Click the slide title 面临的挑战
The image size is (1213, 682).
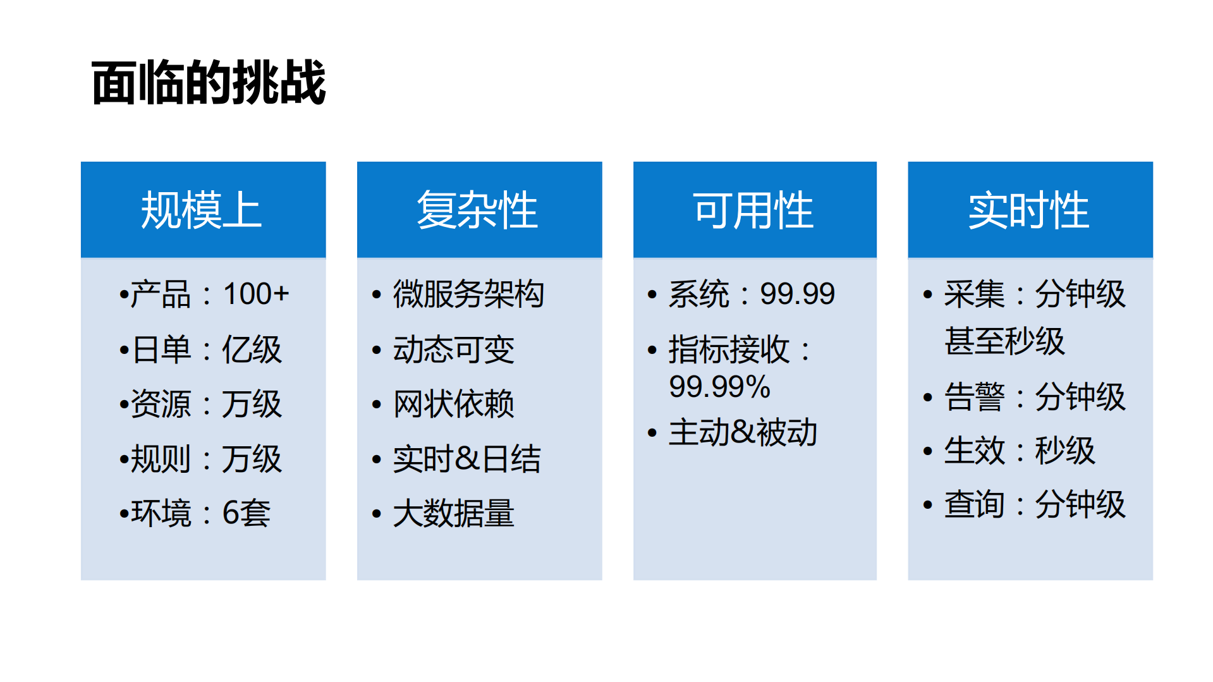click(209, 83)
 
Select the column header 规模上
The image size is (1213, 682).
click(201, 210)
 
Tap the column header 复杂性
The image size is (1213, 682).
click(477, 210)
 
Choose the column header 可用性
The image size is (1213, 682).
click(753, 210)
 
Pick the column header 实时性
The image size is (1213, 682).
click(1029, 210)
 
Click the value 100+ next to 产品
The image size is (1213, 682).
click(256, 294)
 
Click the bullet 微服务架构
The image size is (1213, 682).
click(468, 294)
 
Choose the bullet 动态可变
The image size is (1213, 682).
click(454, 349)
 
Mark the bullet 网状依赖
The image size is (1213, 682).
click(454, 404)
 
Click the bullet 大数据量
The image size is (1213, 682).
click(454, 513)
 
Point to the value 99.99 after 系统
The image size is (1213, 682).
click(797, 294)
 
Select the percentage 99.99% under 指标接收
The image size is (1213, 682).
click(719, 387)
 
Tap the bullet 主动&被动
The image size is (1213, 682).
click(743, 433)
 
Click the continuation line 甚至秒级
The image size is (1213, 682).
click(1004, 341)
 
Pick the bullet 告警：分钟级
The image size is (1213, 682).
click(1035, 397)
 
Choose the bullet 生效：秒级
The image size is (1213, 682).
click(1020, 451)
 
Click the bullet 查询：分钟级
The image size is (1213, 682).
click(1035, 504)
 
